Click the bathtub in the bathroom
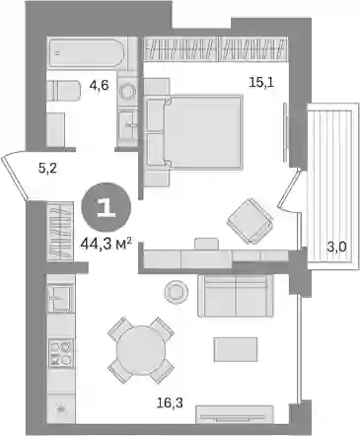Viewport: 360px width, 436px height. [x=87, y=53]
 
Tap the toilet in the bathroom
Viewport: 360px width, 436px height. [x=63, y=91]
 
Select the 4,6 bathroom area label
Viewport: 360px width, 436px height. [x=99, y=86]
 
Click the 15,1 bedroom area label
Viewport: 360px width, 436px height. [x=261, y=82]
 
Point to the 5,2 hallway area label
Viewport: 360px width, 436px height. [x=48, y=169]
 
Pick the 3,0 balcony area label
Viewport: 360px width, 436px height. [x=336, y=246]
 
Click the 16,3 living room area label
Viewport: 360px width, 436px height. [x=170, y=401]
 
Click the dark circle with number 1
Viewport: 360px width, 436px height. [x=107, y=207]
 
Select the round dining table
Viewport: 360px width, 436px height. [x=140, y=350]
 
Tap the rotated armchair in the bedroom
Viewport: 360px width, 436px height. [x=251, y=221]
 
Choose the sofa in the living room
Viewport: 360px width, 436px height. [x=236, y=295]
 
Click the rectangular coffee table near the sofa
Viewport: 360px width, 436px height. [x=236, y=349]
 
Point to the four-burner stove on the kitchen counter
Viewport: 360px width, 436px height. [x=60, y=353]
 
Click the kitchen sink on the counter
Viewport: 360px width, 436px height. [x=59, y=298]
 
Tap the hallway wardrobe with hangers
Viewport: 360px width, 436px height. [x=60, y=232]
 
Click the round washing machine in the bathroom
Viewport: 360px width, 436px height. [x=128, y=90]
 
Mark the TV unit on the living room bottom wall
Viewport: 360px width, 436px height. [x=235, y=415]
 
